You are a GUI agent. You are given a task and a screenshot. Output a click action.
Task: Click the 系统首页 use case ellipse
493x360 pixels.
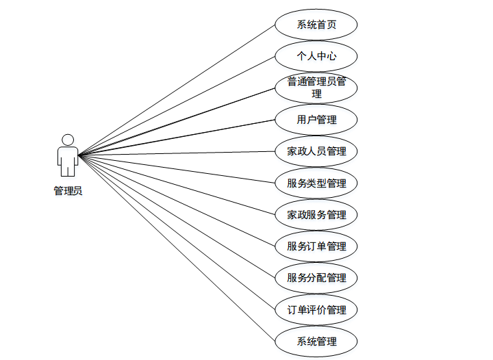[x=316, y=25]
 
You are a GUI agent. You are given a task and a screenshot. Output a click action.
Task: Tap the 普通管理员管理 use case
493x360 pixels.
[x=316, y=88]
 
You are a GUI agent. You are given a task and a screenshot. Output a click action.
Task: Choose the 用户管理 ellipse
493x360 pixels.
[x=316, y=120]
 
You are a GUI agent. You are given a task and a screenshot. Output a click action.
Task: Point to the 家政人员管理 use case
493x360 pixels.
[x=316, y=151]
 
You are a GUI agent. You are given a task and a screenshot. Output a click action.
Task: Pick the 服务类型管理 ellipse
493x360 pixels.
[x=316, y=183]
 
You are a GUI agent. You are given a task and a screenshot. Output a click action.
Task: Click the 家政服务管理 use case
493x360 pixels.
[x=316, y=214]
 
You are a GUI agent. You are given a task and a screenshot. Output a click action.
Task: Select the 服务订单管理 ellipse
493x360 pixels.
[x=316, y=246]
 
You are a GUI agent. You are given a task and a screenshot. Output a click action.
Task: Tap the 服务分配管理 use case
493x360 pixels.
[x=316, y=277]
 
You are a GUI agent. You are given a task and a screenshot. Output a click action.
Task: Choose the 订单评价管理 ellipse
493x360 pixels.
[x=316, y=309]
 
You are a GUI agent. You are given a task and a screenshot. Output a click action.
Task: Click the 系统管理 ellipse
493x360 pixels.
[x=316, y=341]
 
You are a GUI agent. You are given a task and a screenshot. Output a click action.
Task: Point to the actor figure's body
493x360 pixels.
[x=67, y=160]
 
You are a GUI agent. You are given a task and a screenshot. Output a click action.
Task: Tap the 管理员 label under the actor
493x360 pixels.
[x=68, y=191]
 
